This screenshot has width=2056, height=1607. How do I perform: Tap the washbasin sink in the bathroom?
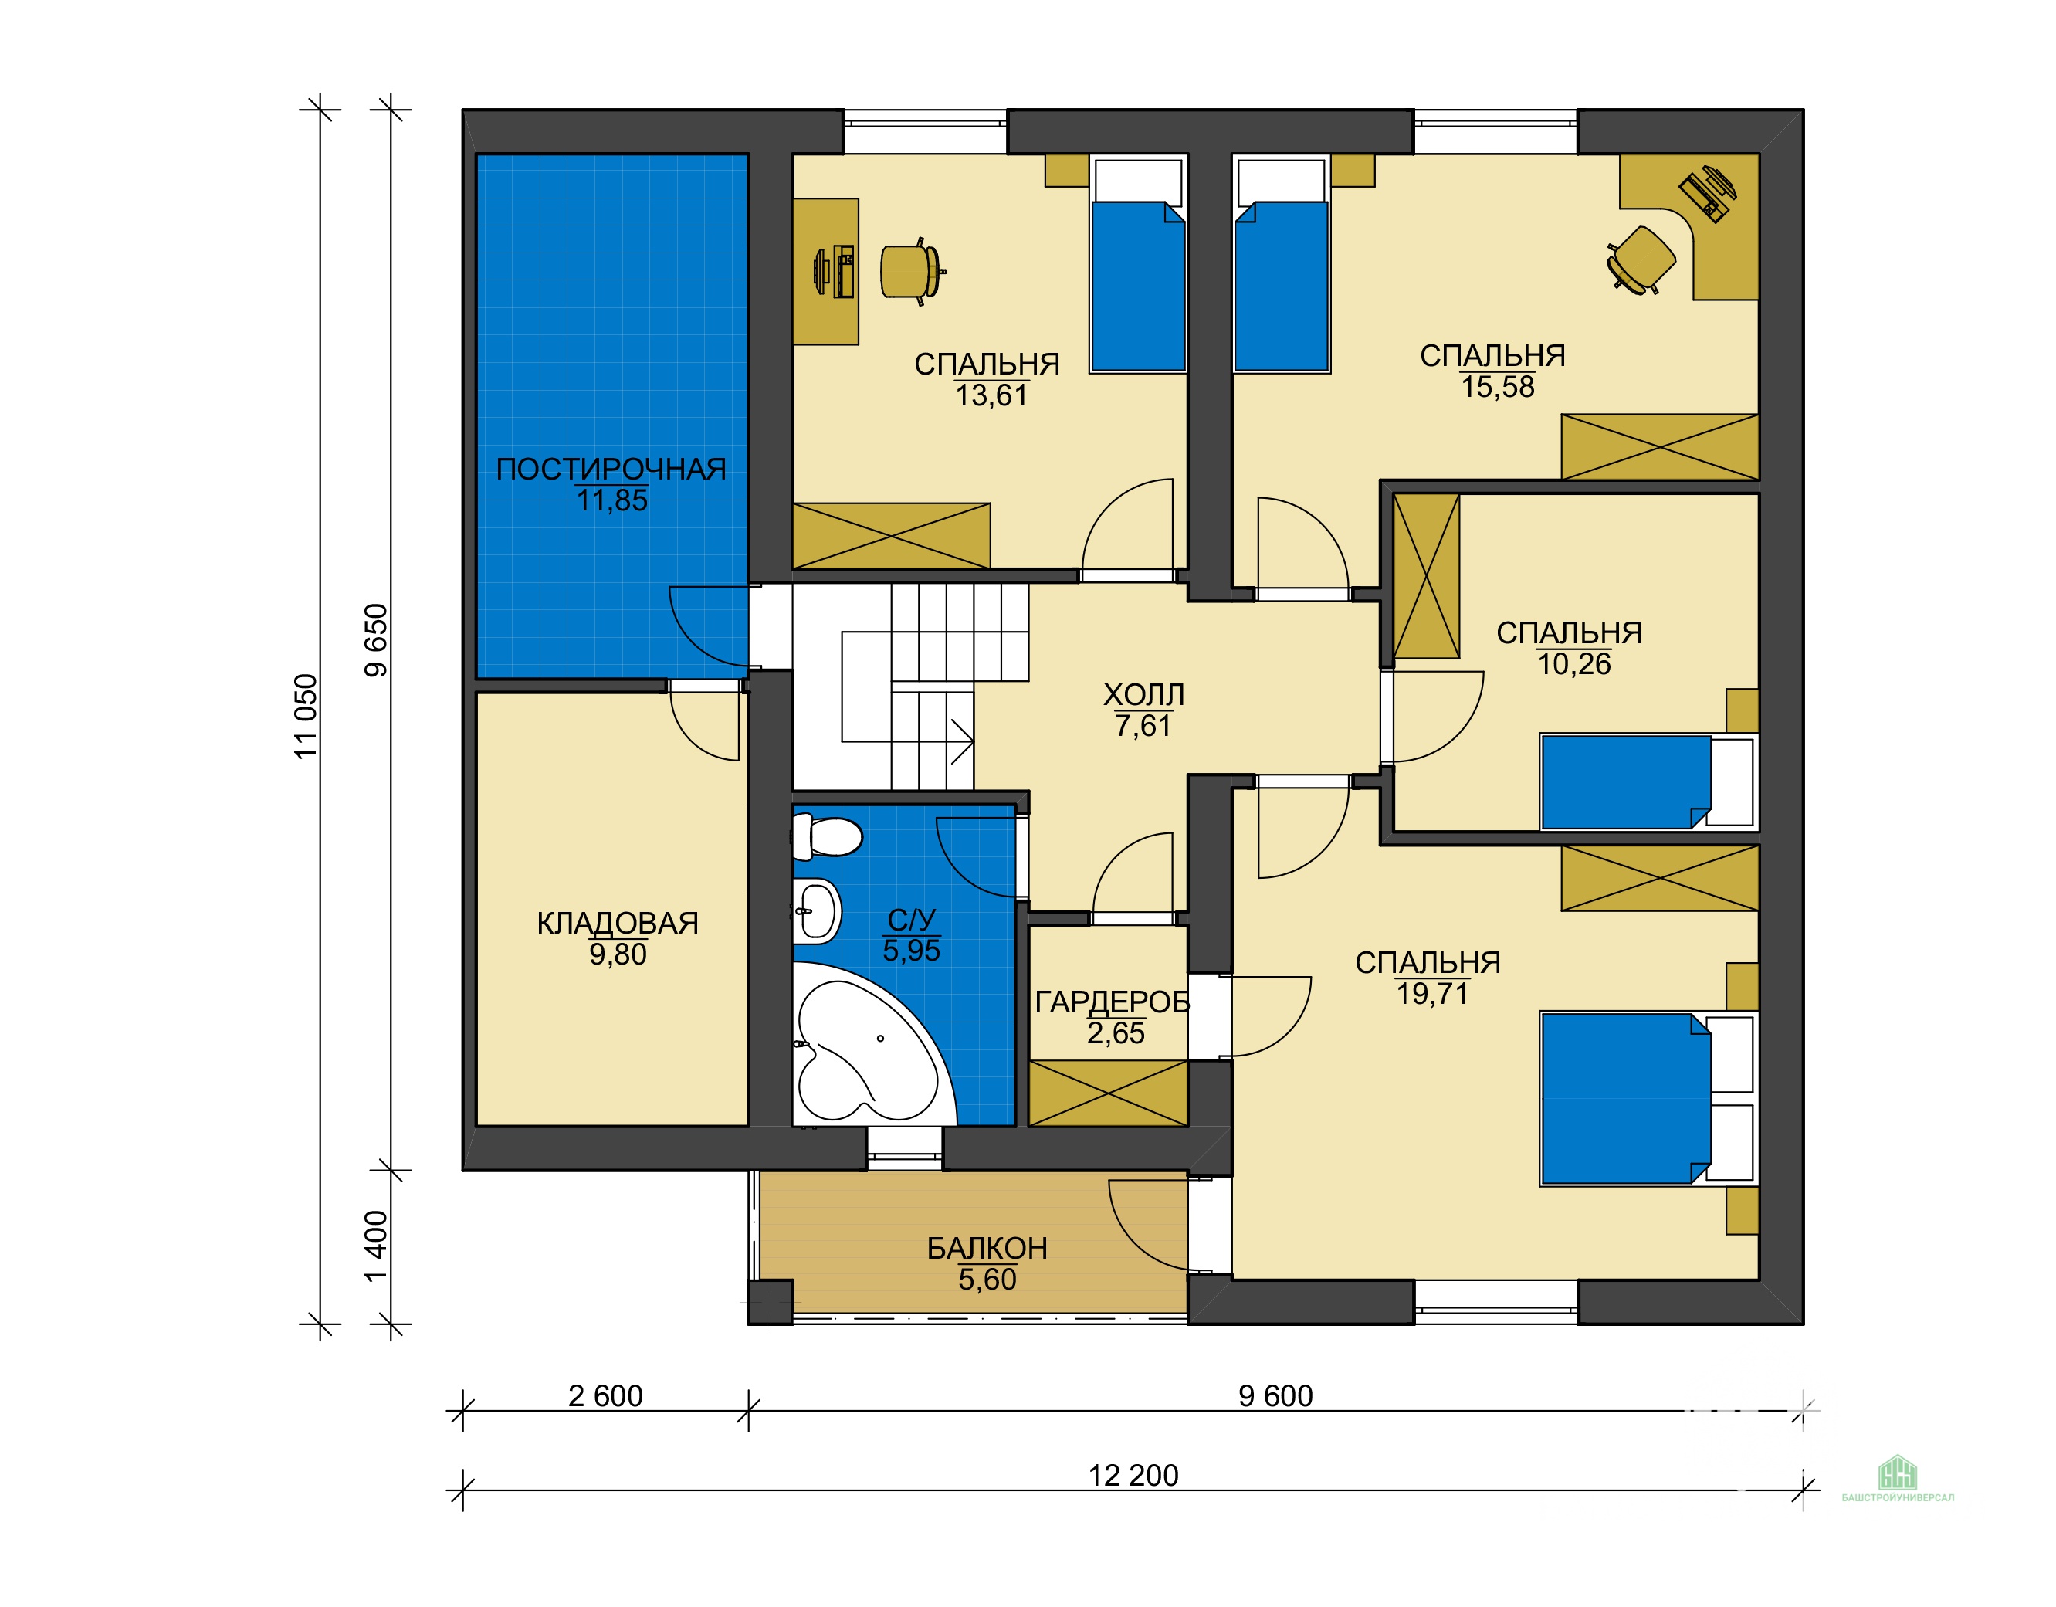pyautogui.click(x=816, y=910)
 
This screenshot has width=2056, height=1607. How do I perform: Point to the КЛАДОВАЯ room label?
pyautogui.click(x=618, y=923)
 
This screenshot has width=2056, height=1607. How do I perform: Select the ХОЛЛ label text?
pyautogui.click(x=1143, y=695)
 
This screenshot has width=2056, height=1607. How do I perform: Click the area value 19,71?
pyautogui.click(x=1432, y=994)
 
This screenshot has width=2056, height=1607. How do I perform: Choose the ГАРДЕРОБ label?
pyautogui.click(x=1112, y=1002)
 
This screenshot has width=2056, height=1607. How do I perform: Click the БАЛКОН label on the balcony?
pyautogui.click(x=987, y=1249)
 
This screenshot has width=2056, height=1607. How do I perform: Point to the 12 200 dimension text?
pyautogui.click(x=1133, y=1475)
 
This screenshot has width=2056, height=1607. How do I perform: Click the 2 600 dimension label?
pyautogui.click(x=605, y=1395)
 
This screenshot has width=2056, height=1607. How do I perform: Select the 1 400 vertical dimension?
pyautogui.click(x=376, y=1246)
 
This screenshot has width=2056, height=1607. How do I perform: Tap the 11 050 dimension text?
pyautogui.click(x=306, y=717)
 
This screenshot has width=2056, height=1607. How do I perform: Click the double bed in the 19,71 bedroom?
pyautogui.click(x=1648, y=1097)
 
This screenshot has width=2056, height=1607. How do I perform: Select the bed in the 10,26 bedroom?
pyautogui.click(x=1648, y=782)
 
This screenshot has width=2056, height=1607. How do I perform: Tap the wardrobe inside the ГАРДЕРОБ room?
pyautogui.click(x=1108, y=1093)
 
